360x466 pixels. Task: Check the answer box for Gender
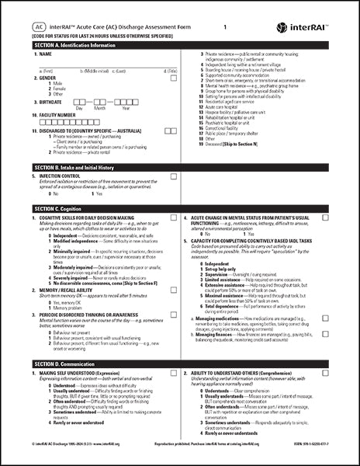click(x=174, y=78)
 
